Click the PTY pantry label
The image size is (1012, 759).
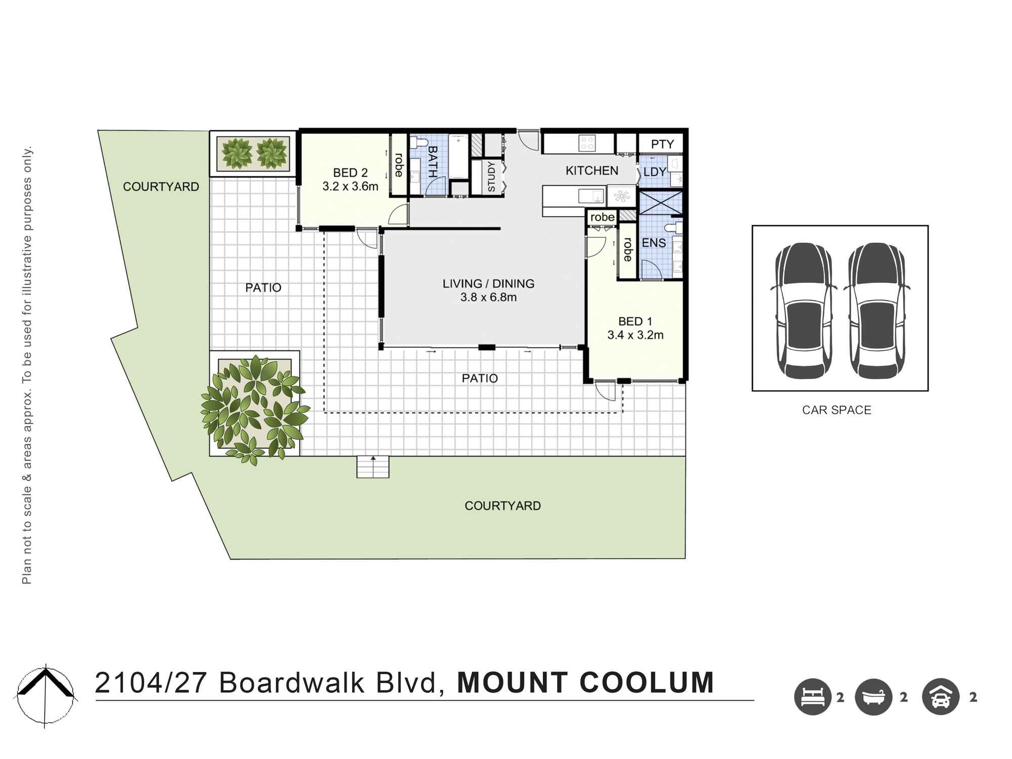tap(662, 144)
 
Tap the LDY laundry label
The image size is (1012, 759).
tap(654, 172)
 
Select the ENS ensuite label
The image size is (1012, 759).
tap(653, 243)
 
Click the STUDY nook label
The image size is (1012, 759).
tap(491, 177)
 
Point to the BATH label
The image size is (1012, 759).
tap(433, 161)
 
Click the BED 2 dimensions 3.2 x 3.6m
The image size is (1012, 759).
tap(350, 187)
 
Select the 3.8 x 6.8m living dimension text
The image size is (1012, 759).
tap(488, 298)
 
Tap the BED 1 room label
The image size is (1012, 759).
tap(635, 321)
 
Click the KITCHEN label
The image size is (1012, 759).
tap(592, 171)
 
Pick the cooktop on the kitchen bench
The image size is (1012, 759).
tap(587, 143)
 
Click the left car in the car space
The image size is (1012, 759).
tap(803, 311)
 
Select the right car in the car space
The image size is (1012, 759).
tap(876, 311)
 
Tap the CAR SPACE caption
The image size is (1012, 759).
tap(836, 410)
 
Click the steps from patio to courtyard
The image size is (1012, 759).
tap(373, 467)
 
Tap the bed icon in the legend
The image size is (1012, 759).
tap(813, 697)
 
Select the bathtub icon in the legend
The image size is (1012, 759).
tap(873, 697)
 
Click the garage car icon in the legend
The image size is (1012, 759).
tap(941, 697)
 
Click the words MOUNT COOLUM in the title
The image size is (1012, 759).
tap(585, 683)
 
